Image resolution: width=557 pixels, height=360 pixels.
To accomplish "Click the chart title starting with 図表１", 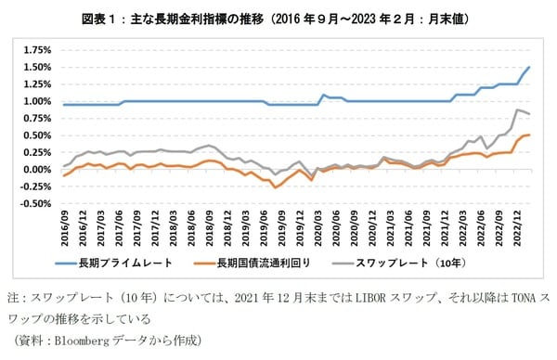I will click(278, 18).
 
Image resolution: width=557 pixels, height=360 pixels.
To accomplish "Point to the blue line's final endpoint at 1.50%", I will click(529, 68).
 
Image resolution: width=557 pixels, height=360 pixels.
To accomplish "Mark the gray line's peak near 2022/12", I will click(517, 110).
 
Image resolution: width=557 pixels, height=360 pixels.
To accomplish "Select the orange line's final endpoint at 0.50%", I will click(529, 135).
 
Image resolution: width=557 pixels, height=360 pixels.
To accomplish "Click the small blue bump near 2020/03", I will click(323, 95).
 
